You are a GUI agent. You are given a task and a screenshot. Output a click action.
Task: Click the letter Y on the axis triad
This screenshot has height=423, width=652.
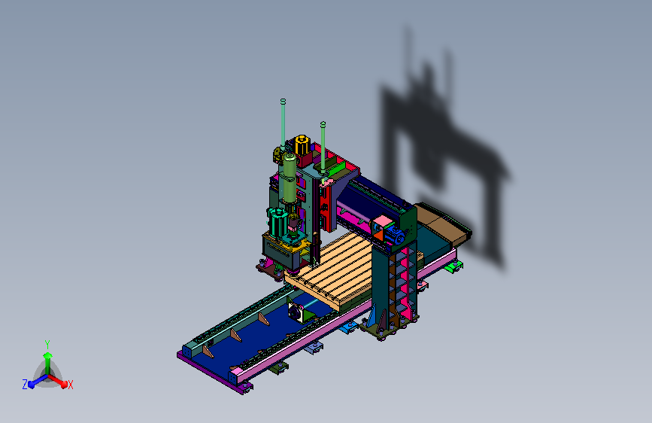point(47,345)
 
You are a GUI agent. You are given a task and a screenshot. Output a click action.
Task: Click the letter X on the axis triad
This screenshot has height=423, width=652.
point(70,385)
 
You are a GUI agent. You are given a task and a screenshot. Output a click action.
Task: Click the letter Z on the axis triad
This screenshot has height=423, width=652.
point(25,385)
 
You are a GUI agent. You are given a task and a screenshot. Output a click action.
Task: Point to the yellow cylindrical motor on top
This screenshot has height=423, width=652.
point(302,144)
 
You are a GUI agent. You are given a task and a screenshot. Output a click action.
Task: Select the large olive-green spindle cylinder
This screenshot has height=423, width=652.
point(288,178)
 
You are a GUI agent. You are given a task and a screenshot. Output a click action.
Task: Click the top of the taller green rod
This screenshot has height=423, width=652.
point(284,101)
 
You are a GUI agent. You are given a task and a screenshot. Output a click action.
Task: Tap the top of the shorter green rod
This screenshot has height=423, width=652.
point(323,124)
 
